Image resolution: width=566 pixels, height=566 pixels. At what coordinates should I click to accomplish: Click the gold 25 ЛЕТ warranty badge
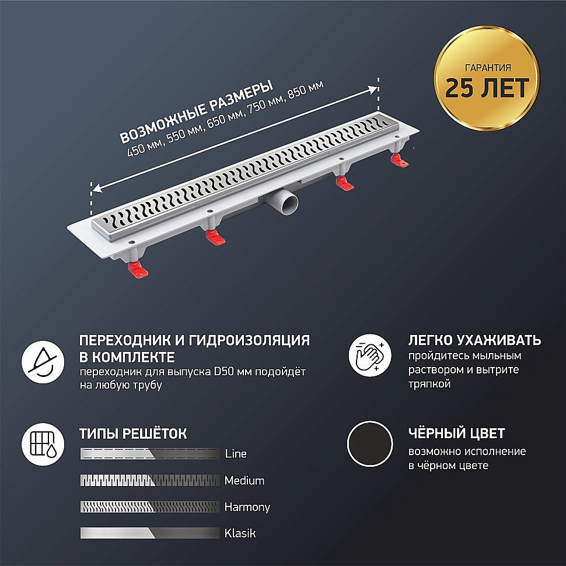487,81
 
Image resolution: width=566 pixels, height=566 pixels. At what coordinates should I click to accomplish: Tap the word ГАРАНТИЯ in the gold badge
487,67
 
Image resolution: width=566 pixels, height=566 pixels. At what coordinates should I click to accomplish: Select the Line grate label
236,454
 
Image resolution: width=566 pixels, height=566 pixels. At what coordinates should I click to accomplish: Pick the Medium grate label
244,481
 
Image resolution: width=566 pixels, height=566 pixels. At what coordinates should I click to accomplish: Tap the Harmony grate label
247,507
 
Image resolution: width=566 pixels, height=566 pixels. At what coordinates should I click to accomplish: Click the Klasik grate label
240,533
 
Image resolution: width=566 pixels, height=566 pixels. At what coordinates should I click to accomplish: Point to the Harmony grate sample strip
150,507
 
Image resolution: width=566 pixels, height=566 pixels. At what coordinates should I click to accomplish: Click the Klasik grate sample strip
150,533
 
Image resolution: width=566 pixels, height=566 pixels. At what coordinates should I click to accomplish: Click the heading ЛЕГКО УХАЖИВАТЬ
474,340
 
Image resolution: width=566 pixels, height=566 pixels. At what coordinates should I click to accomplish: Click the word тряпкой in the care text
429,385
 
